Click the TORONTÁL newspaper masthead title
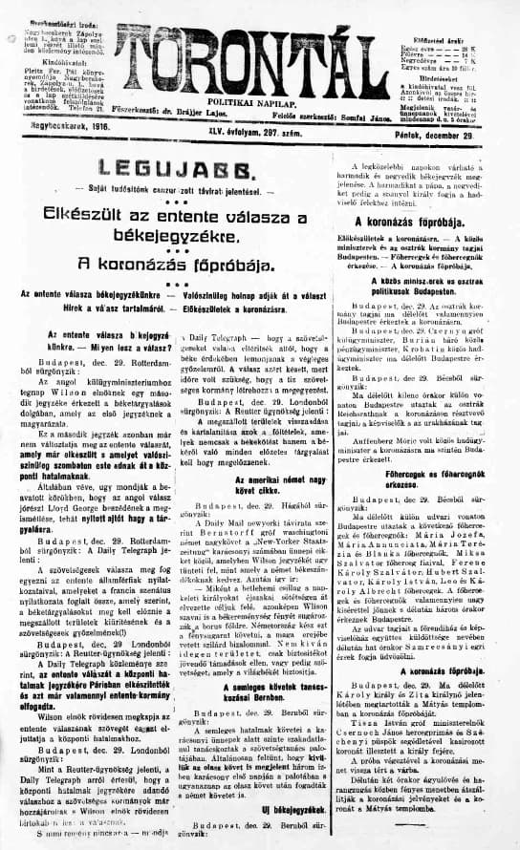coord(258,50)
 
